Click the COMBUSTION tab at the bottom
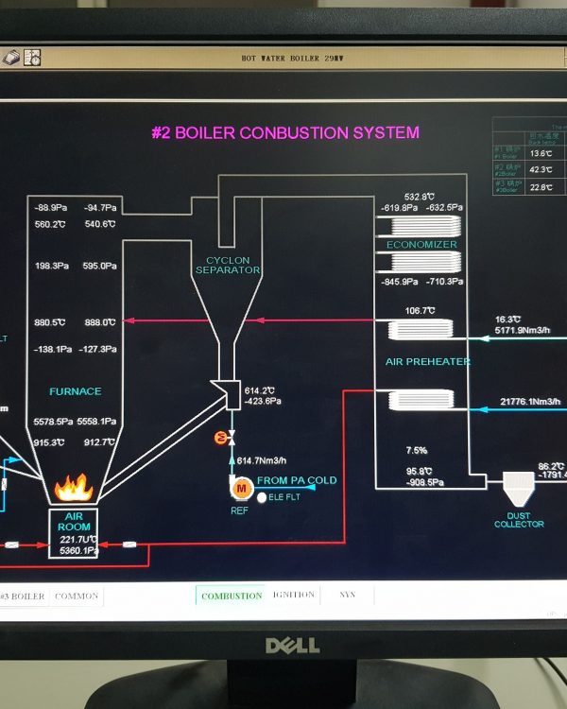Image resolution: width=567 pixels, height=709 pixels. click(232, 596)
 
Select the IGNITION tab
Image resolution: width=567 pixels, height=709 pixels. click(294, 595)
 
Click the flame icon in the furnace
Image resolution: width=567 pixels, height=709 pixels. click(73, 488)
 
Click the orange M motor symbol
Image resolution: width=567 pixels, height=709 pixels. click(240, 487)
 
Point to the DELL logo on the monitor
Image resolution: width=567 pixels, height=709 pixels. click(292, 646)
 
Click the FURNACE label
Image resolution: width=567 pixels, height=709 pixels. click(75, 391)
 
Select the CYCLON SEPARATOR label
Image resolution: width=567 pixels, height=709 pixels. click(228, 265)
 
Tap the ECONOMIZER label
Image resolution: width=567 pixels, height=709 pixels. click(421, 245)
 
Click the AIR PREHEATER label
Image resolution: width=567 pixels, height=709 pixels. click(427, 362)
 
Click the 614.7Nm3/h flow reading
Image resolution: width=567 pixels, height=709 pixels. click(261, 460)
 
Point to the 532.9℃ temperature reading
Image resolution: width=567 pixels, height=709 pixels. click(420, 198)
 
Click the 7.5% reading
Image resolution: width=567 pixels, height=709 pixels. click(417, 450)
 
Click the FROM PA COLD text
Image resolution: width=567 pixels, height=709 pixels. click(296, 481)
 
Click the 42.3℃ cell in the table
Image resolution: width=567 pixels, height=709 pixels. click(541, 170)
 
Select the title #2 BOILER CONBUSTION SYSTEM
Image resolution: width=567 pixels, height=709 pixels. click(284, 133)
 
